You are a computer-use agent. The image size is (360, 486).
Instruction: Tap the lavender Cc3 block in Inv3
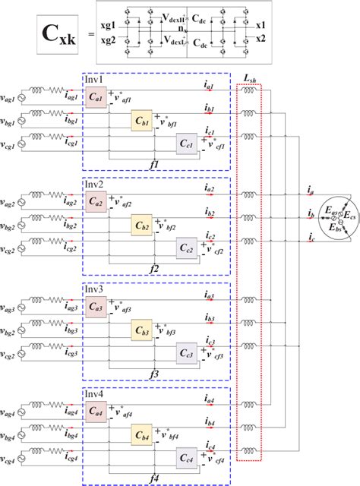tap(188, 352)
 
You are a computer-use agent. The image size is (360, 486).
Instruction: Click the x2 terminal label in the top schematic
tap(261, 37)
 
